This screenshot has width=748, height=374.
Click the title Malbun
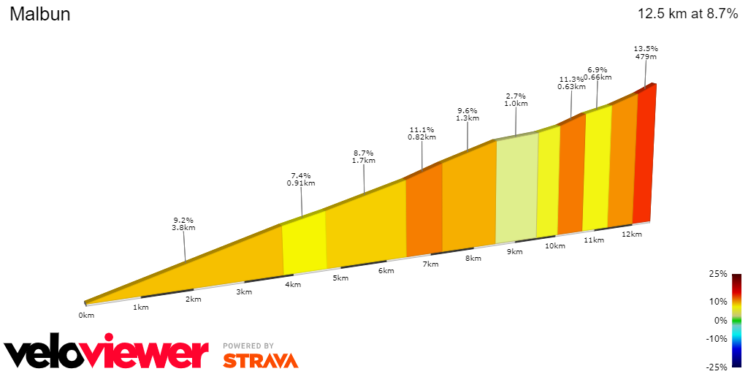coord(40,15)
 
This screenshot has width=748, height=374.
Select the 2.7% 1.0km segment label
coord(516,100)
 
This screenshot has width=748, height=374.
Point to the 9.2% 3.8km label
coord(184,224)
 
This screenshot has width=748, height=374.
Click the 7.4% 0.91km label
coord(301,180)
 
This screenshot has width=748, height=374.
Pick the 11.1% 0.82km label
coord(422,133)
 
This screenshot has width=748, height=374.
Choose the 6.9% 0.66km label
coord(598,73)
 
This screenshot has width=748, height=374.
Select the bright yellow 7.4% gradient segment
coord(304,245)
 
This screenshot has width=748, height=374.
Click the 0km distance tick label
coord(86,315)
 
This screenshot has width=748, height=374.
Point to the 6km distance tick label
coord(386,270)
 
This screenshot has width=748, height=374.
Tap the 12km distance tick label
coord(632,234)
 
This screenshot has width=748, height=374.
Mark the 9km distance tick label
coord(515,251)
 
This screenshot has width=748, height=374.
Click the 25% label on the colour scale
coord(717,274)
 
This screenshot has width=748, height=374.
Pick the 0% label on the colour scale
coord(720,320)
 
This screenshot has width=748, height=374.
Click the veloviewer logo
coord(107,354)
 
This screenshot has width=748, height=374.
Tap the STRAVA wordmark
coord(260,360)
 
